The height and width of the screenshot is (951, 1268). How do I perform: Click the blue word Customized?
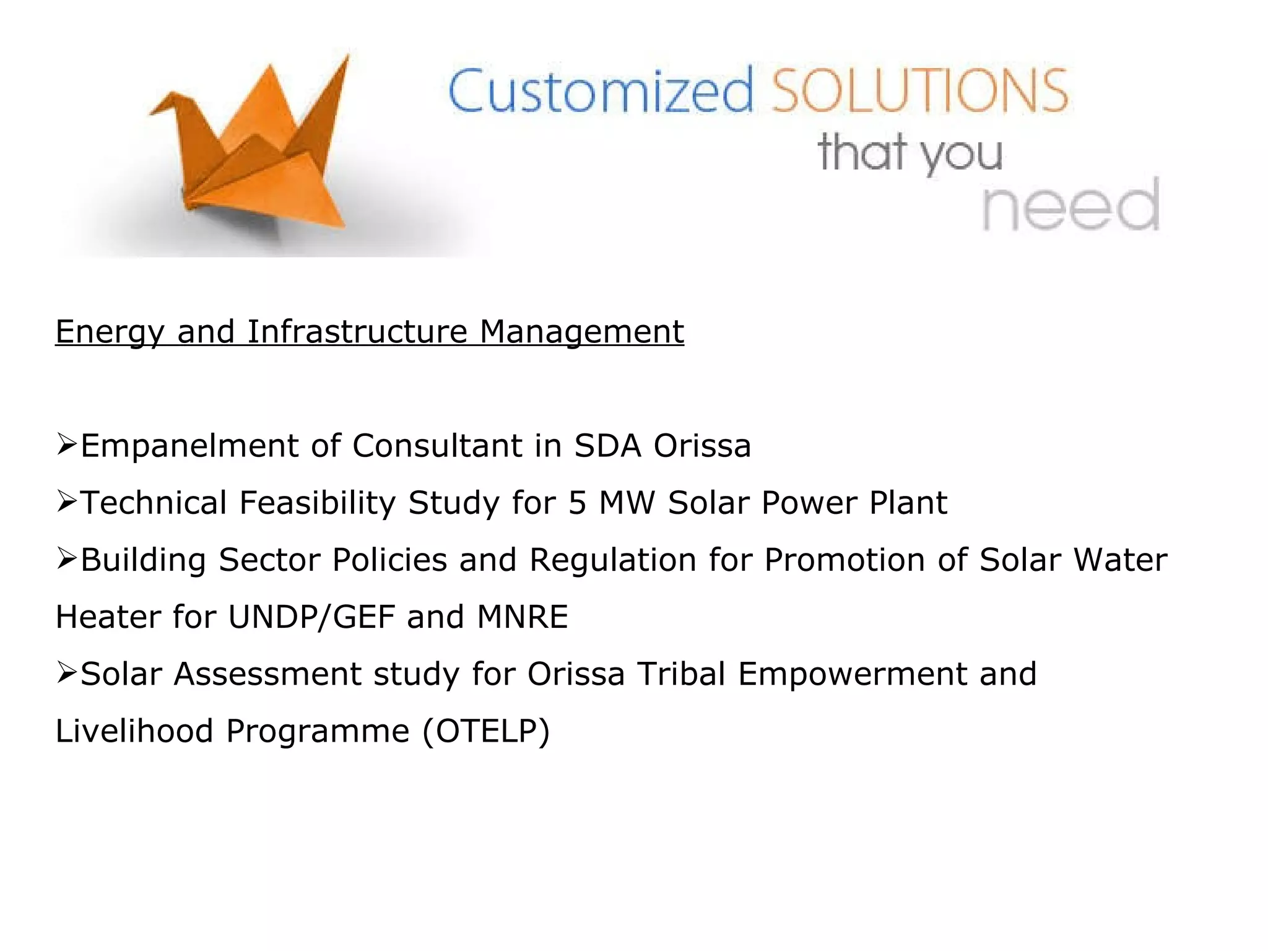601,92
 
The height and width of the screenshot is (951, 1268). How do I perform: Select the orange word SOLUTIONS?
920,92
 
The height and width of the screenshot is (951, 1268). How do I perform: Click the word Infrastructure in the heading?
357,331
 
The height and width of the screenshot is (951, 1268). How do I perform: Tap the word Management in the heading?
581,332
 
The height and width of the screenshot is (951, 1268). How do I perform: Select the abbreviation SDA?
607,446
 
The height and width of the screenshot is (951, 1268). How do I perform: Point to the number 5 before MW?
577,503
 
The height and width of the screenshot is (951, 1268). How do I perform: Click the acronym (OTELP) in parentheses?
486,731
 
